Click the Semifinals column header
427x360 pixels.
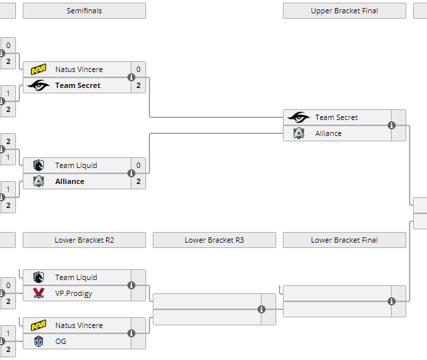(84, 11)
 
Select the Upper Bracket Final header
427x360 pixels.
(344, 11)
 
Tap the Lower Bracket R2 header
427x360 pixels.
(84, 240)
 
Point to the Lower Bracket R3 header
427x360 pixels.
(214, 240)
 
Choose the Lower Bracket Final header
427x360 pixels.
(344, 240)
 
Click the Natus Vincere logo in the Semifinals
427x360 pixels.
(39, 69)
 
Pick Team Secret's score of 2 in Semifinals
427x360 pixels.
(138, 85)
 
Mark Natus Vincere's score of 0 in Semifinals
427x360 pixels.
(138, 69)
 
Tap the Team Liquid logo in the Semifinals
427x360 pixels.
(39, 165)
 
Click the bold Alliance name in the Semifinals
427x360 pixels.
(69, 181)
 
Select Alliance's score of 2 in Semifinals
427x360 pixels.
(138, 181)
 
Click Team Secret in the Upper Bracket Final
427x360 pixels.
(336, 117)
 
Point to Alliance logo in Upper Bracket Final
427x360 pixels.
(299, 133)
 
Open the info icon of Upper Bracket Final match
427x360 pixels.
(392, 125)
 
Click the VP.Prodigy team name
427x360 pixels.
(73, 293)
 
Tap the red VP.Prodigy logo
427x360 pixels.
(39, 293)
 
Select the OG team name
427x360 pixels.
(61, 341)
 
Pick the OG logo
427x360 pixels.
(39, 341)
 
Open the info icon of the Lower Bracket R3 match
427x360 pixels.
(262, 309)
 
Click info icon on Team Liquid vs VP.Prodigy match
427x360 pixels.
(131, 285)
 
